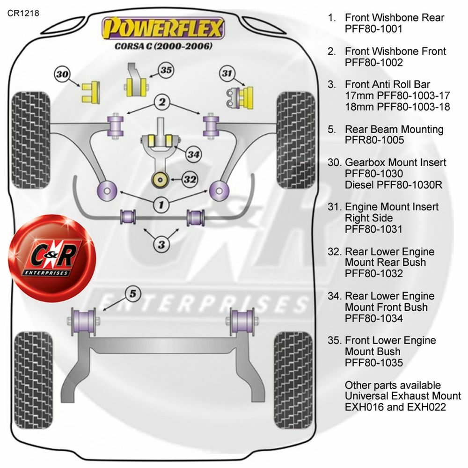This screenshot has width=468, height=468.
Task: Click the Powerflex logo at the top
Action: pos(163,28)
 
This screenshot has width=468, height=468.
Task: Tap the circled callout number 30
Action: pos(63,74)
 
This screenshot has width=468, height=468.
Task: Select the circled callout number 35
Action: pos(166,70)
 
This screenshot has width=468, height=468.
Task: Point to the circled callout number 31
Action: pos(227,73)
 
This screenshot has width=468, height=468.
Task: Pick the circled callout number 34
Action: pos(192,154)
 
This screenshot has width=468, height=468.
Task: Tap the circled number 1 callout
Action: pos(161,204)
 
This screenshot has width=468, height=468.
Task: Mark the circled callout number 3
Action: pos(161,243)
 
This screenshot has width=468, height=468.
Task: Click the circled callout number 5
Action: pos(132,293)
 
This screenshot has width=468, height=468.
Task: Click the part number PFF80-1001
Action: pos(373,29)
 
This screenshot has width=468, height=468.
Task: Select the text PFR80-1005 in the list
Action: pos(374,140)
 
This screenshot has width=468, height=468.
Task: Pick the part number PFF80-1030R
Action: pos(394,185)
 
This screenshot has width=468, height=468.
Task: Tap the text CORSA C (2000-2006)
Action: pos(164,46)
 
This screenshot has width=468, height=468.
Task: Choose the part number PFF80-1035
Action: pos(373,363)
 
